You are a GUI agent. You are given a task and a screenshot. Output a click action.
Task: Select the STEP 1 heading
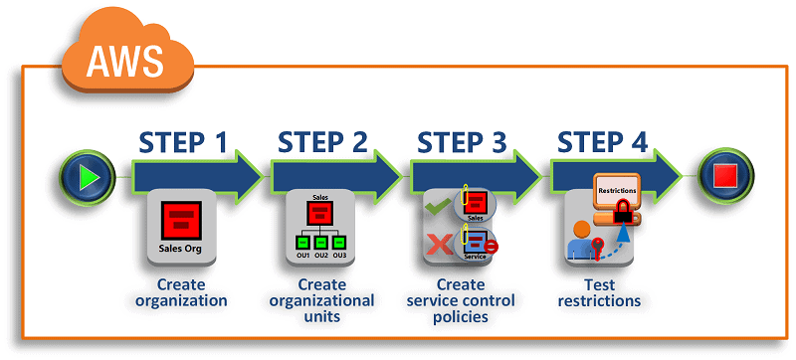[182, 142]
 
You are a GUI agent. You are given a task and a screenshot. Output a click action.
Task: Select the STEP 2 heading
[322, 142]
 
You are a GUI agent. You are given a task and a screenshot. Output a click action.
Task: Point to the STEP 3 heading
[464, 142]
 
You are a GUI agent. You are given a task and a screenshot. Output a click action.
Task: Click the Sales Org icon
[181, 228]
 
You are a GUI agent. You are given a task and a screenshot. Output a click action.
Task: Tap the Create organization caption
[181, 292]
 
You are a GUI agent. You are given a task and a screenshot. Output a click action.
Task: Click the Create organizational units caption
[321, 300]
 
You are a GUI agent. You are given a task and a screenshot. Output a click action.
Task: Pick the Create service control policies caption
[462, 300]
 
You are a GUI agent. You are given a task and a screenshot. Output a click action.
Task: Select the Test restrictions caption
[599, 292]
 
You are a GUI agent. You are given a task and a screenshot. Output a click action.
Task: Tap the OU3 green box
[339, 242]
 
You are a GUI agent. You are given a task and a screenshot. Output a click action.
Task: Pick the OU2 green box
[321, 242]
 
